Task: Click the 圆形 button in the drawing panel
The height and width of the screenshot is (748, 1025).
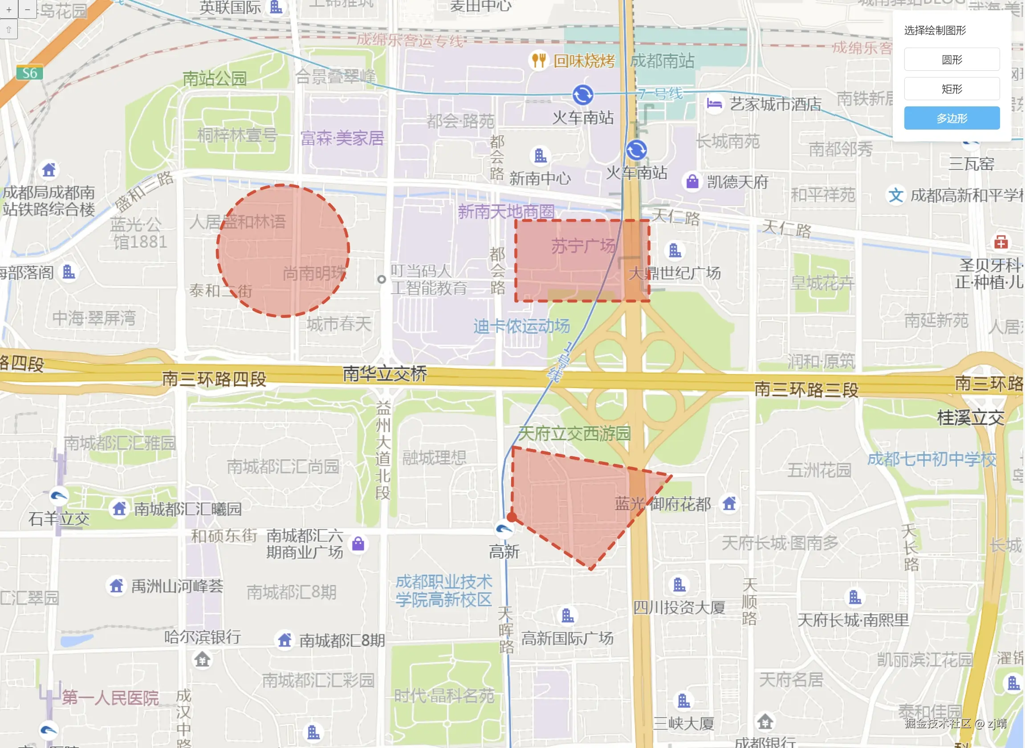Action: [952, 59]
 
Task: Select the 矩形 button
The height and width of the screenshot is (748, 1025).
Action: [952, 89]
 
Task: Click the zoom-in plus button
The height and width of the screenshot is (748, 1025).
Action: [8, 9]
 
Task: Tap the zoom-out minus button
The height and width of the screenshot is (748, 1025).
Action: [28, 9]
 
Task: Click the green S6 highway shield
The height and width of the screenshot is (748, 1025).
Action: [30, 73]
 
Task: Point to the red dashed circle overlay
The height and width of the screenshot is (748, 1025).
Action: [283, 250]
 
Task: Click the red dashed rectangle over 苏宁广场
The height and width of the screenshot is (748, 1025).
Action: [582, 261]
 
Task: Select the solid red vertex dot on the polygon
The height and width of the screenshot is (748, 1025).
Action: [512, 517]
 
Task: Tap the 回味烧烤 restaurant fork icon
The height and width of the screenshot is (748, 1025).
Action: [538, 60]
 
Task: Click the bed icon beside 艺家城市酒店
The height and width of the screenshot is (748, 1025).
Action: [714, 104]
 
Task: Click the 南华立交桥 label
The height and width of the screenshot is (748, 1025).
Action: [385, 374]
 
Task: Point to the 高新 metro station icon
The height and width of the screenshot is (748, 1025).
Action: [504, 528]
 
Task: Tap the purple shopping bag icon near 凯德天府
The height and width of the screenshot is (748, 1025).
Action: [692, 182]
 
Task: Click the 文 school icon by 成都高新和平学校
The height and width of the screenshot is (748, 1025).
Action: [895, 195]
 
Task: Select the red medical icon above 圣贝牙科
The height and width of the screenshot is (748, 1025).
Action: [1001, 242]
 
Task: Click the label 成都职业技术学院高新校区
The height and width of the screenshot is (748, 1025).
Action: [443, 591]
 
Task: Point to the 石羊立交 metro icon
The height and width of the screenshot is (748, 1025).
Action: [59, 496]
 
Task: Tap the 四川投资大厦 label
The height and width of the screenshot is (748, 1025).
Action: [679, 608]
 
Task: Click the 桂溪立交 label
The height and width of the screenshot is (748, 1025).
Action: [970, 418]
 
